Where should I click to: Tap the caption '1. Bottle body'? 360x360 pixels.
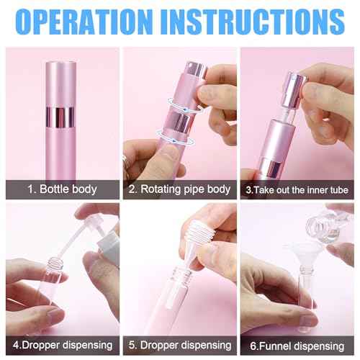pos(60,189)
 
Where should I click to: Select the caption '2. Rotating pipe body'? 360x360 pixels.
pos(179,189)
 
